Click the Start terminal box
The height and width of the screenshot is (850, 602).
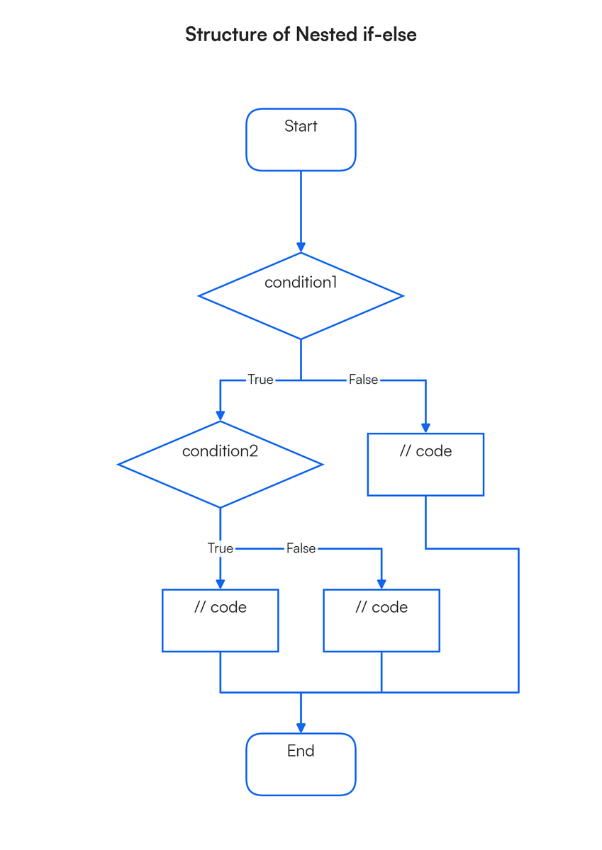301,140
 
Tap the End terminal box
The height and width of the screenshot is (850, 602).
301,764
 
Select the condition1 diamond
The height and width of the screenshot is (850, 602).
301,295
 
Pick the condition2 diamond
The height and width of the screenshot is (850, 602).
220,464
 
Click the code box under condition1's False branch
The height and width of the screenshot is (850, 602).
425,464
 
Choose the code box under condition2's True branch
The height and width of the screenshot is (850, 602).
220,620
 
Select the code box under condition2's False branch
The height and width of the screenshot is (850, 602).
381,620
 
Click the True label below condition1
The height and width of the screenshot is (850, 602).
260,380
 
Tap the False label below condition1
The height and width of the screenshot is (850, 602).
363,380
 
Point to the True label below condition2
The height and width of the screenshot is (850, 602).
220,548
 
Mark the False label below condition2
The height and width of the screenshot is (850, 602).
301,548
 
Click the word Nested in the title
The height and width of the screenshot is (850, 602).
327,34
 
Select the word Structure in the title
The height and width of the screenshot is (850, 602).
226,34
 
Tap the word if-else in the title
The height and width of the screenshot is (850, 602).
390,34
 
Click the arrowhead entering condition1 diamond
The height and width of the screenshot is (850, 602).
301,247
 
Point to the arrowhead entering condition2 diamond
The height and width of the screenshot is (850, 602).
220,416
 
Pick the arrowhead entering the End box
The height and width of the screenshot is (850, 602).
301,728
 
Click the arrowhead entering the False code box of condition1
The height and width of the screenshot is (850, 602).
425,428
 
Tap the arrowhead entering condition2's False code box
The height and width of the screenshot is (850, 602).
381,584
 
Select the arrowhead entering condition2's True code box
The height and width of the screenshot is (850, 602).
220,584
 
